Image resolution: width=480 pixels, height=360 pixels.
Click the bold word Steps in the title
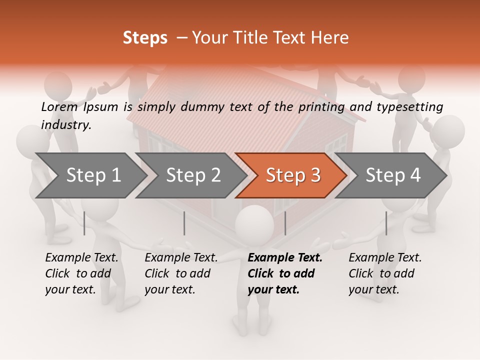[x=145, y=38]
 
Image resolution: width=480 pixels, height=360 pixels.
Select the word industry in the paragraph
[x=66, y=125]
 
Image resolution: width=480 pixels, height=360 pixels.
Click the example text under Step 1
[x=81, y=273]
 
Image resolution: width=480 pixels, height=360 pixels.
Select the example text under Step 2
[x=181, y=273]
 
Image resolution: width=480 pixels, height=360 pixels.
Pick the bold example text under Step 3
[x=285, y=273]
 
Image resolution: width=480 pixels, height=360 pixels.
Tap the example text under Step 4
[x=385, y=273]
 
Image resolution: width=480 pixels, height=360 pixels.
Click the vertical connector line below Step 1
[x=84, y=223]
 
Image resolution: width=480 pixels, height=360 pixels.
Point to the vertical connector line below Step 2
[x=184, y=223]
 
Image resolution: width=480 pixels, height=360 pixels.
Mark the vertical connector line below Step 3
[x=285, y=223]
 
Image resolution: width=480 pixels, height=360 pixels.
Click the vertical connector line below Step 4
[x=386, y=223]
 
